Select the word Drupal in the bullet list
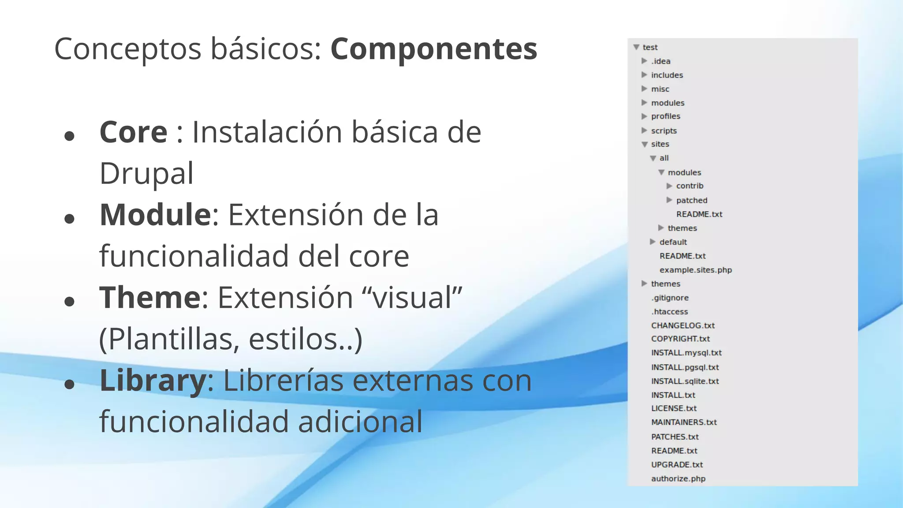point(146,173)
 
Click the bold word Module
point(156,215)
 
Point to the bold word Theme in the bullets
point(150,298)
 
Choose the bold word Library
point(153,380)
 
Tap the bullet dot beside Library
point(69,384)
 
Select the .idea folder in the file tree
point(660,61)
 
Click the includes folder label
point(667,75)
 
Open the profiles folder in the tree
point(665,116)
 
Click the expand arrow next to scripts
point(644,131)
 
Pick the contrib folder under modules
point(690,186)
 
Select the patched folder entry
point(691,200)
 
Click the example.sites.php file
point(695,270)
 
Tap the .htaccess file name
point(669,312)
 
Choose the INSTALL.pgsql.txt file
point(685,367)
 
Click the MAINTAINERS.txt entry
point(684,422)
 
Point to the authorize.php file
point(678,479)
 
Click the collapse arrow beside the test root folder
point(636,47)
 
